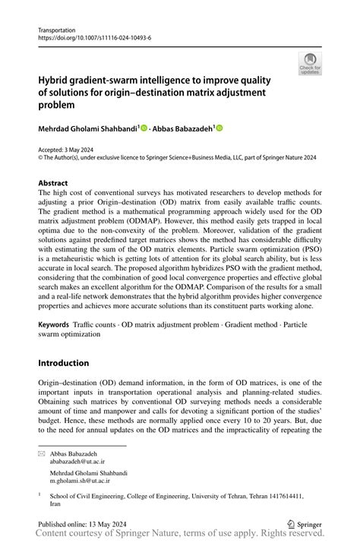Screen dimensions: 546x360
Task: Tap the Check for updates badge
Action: click(309, 65)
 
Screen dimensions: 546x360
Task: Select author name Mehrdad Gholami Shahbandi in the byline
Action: click(87, 129)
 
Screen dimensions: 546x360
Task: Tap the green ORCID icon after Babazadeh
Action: click(220, 129)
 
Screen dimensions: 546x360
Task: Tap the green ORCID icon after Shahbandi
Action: click(143, 129)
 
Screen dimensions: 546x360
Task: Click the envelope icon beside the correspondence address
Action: click(43, 453)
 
